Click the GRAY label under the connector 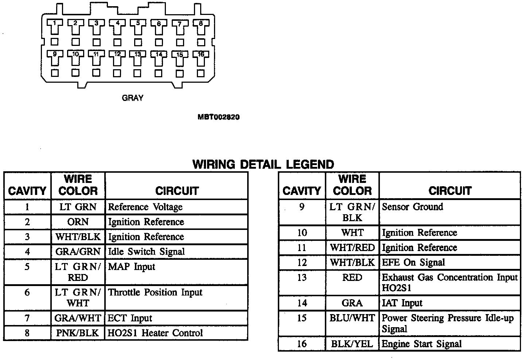click(132, 98)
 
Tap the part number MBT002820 click(219, 117)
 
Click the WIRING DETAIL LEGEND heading click(263, 164)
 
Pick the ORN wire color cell click(78, 222)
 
